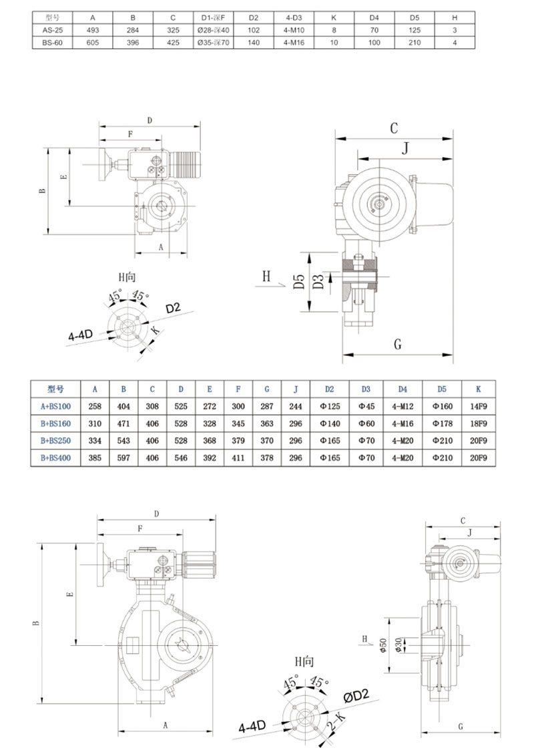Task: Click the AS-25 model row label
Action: tap(44, 29)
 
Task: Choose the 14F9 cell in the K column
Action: tap(479, 405)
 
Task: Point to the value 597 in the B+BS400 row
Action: tap(123, 458)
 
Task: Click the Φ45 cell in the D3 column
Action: tap(366, 405)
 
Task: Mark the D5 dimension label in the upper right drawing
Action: tap(299, 282)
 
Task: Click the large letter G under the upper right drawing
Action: tap(398, 345)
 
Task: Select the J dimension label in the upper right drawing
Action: tap(404, 148)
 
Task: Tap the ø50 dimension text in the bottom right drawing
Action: tap(383, 646)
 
